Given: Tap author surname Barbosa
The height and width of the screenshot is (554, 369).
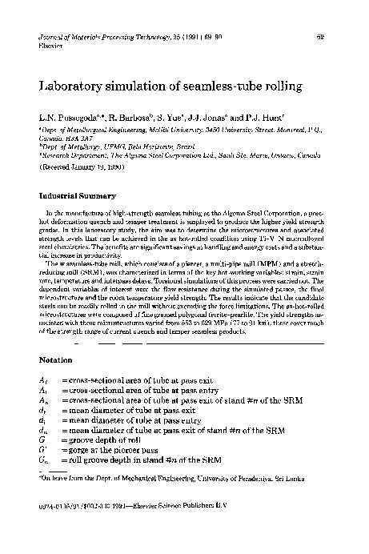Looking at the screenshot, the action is coord(139,117).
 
